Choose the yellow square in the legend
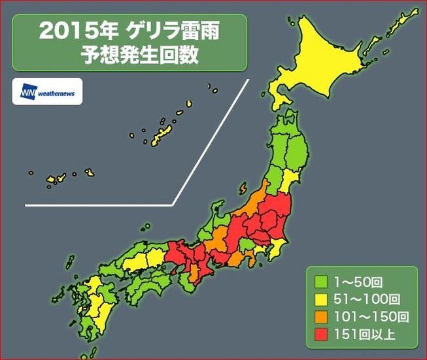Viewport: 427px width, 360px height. [321, 301]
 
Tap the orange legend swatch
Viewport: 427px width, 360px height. [321, 318]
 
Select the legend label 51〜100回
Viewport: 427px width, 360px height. [365, 301]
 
